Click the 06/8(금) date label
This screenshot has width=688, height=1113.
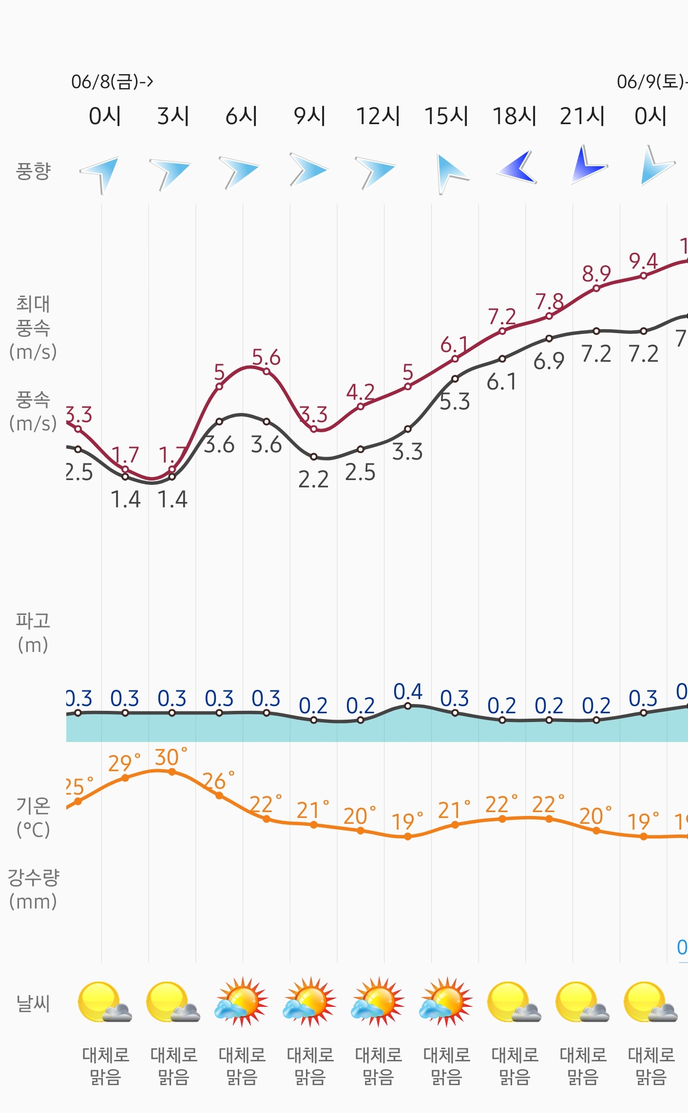point(112,81)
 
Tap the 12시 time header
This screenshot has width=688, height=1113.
point(378,116)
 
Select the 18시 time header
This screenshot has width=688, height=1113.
point(514,116)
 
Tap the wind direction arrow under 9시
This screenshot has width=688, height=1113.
point(308,170)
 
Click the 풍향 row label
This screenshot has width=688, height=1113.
point(33,171)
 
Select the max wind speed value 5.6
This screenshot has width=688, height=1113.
point(266,358)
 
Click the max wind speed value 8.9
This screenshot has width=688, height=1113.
point(596,274)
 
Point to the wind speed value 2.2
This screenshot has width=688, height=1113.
point(313,480)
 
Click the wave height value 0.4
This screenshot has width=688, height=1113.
point(408,692)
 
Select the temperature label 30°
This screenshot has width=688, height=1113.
point(171,758)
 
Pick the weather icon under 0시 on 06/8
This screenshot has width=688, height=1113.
point(105,1002)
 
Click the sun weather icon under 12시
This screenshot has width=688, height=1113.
point(378,1002)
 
